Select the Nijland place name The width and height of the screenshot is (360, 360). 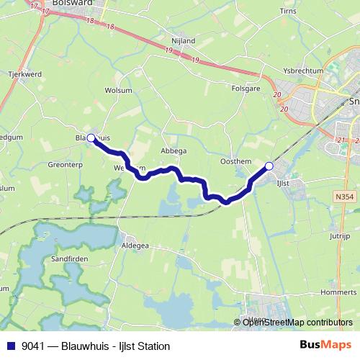tap(184, 41)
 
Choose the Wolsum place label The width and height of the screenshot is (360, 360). tap(118, 91)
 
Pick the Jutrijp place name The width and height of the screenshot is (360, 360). tap(338, 235)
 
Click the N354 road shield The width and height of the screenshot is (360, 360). tap(344, 196)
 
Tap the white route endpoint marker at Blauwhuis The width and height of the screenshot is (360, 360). tap(91, 137)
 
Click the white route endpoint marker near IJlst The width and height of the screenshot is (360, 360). tap(269, 166)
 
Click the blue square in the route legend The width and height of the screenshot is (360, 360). tap(12, 346)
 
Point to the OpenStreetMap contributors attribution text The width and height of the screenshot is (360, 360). tap(297, 323)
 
